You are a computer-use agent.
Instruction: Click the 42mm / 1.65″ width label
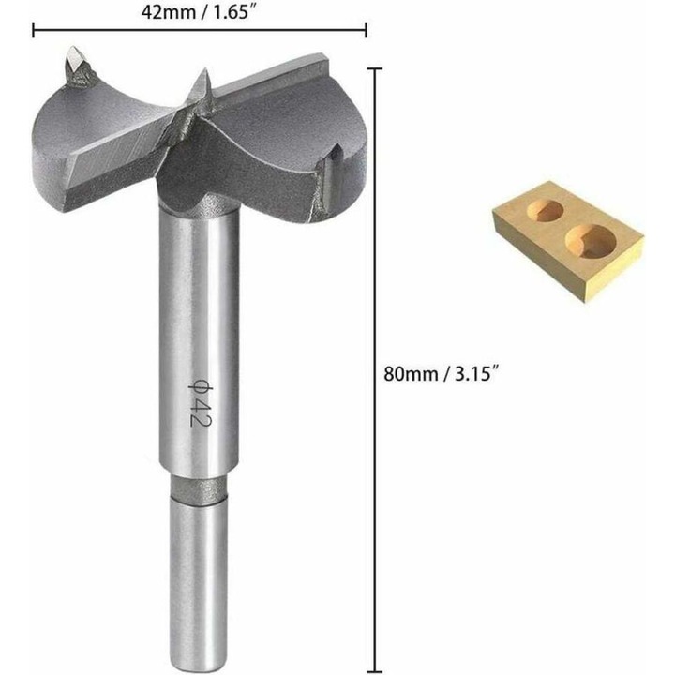(x=199, y=11)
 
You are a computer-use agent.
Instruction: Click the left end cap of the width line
(x=34, y=30)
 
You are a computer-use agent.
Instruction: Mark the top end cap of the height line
(x=378, y=68)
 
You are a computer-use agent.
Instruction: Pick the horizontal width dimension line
(x=199, y=30)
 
